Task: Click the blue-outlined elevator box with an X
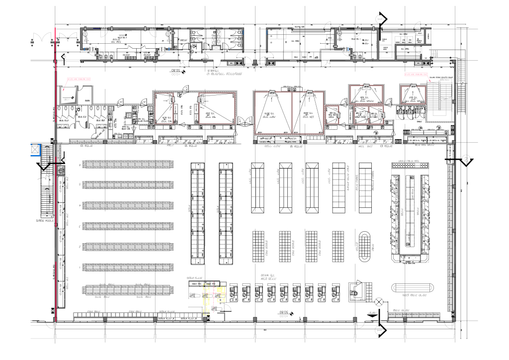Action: click(34, 149)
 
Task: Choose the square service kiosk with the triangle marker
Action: click(357, 289)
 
